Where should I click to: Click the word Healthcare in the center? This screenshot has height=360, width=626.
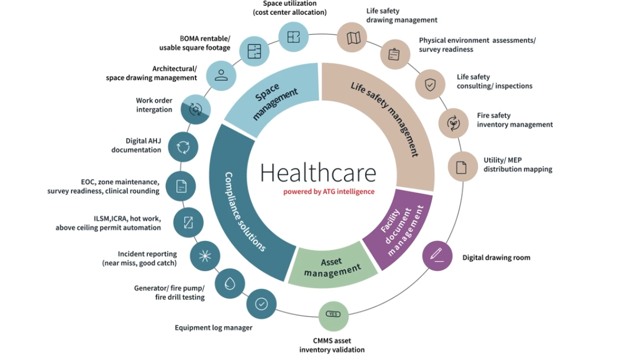(318, 173)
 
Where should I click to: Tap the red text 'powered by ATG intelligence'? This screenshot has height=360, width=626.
(329, 192)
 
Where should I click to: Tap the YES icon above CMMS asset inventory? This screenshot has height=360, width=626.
(333, 315)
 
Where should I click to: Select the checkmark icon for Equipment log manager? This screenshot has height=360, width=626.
(261, 304)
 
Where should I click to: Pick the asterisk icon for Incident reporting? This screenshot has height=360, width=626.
(205, 256)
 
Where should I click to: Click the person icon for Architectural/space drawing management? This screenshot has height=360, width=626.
(221, 75)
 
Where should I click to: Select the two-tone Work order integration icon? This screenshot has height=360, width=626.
(196, 108)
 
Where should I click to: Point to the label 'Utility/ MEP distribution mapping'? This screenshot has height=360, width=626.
(518, 165)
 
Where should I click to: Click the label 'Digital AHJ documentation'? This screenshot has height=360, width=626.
(136, 146)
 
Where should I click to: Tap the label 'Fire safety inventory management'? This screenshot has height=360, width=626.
(515, 120)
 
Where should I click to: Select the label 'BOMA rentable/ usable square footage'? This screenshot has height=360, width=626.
(195, 43)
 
